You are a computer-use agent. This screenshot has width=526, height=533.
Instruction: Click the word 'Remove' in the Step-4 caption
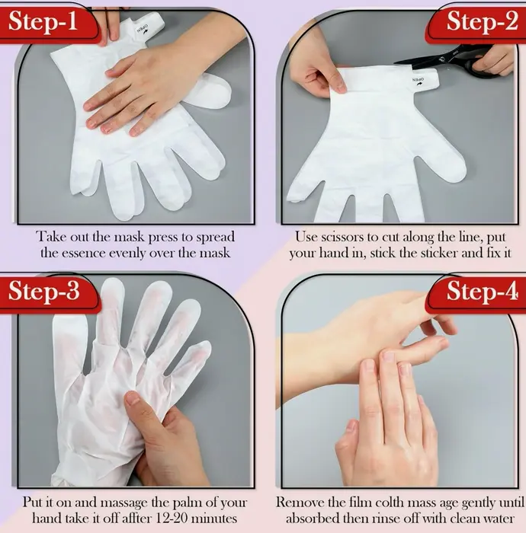(300, 503)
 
